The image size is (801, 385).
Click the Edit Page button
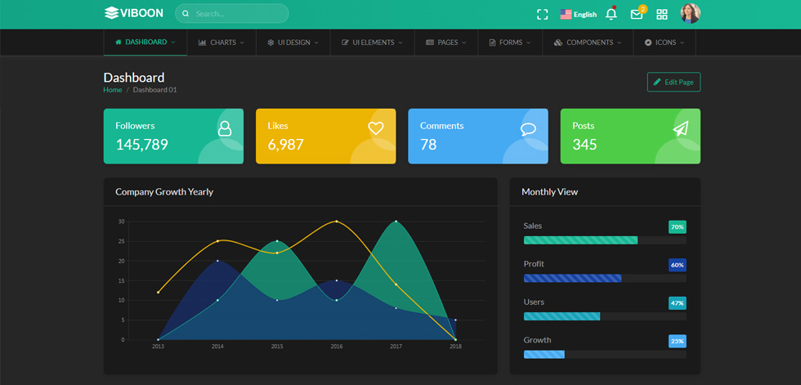pos(673,83)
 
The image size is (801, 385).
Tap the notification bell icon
pos(611,14)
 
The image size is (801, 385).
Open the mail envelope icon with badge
pos(638,13)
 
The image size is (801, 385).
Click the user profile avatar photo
pos(690,14)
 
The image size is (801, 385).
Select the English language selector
pos(579,14)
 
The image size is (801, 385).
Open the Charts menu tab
pos(222,43)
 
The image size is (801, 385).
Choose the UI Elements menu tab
pos(372,43)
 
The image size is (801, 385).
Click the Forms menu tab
pos(510,43)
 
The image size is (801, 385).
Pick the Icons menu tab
pos(664,43)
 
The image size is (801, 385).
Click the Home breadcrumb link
pos(113,90)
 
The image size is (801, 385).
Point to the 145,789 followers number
pos(141,145)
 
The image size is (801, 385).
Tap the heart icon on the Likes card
pos(375,128)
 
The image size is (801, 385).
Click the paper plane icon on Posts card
pos(680,128)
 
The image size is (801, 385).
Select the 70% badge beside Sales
pos(678,226)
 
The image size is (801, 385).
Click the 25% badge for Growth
pos(678,341)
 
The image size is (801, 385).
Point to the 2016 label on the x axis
pos(336,347)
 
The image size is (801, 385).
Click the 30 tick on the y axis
pos(121,222)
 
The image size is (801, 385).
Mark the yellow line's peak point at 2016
pos(336,221)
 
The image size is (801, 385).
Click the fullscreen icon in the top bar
pos(542,14)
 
